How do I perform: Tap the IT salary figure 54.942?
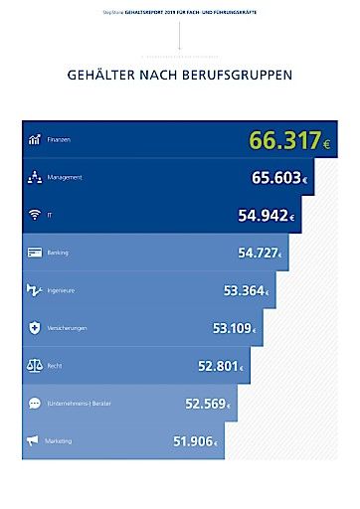(266, 215)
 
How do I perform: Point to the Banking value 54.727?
(259, 253)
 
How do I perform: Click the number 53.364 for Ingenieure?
(246, 290)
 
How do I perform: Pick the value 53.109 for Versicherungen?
(234, 327)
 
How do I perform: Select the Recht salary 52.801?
(220, 366)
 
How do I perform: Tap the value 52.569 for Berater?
(208, 404)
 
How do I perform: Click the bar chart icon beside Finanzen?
(34, 140)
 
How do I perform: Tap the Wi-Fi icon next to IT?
(34, 215)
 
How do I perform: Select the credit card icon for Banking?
(34, 253)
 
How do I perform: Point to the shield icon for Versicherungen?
(34, 327)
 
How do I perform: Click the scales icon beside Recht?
(34, 366)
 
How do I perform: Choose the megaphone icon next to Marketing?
(34, 441)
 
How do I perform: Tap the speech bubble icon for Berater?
(34, 404)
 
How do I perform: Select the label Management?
(64, 178)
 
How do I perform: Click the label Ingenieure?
(61, 290)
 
